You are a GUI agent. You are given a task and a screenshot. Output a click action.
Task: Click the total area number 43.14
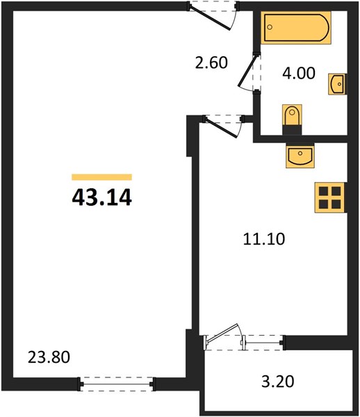102,197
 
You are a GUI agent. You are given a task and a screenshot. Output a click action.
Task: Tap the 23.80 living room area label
49,357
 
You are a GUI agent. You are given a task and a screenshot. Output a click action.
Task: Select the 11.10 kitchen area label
264,239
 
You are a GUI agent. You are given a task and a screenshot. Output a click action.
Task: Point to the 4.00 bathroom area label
299,73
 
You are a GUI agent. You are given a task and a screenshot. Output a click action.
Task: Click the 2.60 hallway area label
211,63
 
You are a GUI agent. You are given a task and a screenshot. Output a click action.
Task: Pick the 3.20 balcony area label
278,382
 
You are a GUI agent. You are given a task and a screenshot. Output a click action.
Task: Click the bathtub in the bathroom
296,27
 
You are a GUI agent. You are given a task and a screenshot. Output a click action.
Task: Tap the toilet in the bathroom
292,120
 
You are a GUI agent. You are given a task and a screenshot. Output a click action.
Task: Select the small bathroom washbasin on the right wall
337,84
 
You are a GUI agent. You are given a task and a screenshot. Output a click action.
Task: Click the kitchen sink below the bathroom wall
300,156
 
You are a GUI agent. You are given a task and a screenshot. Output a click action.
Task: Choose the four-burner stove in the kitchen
330,197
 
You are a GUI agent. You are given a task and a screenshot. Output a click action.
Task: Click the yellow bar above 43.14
102,177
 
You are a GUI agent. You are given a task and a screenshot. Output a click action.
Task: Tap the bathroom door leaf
248,69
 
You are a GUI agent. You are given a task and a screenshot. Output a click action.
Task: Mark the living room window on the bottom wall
117,384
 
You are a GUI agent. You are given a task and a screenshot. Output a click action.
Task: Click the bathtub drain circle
270,27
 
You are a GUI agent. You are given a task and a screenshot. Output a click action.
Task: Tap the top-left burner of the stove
324,191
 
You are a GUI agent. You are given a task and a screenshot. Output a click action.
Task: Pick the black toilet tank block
292,130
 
